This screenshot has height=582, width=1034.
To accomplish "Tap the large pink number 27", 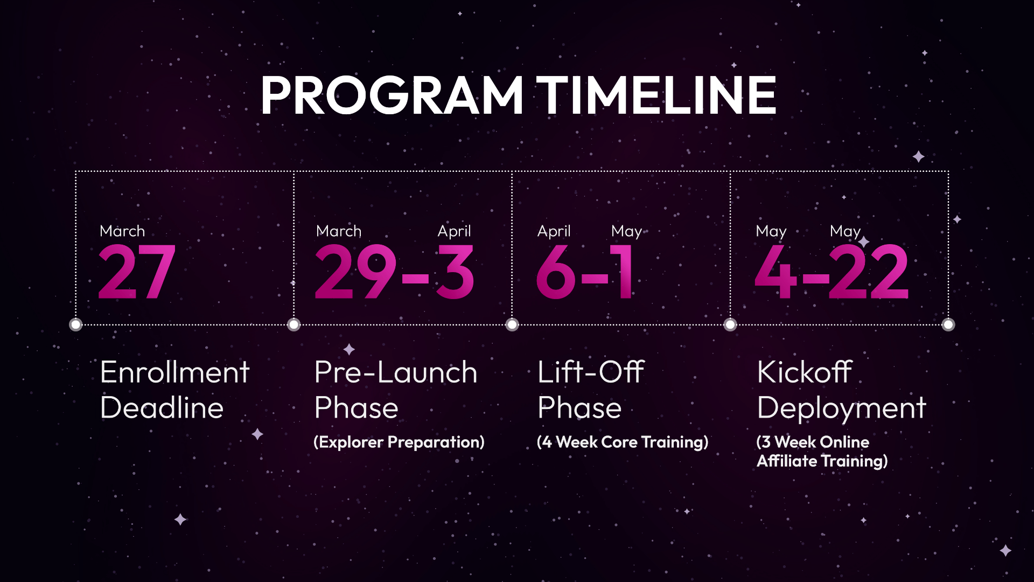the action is tap(137, 272).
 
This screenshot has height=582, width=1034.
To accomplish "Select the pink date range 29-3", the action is tap(395, 272).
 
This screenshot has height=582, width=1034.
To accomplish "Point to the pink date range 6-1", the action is tap(585, 272).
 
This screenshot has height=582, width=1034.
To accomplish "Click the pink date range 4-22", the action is tap(832, 272).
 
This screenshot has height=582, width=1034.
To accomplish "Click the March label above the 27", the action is tap(122, 231).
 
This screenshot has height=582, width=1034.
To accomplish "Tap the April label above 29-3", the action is tap(454, 231).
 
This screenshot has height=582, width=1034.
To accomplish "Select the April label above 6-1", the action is tap(554, 231).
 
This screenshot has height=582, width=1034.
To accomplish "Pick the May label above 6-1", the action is tap(626, 231).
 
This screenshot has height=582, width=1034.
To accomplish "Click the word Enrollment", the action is tap(175, 372).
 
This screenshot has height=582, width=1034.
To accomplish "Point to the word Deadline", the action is tap(162, 407).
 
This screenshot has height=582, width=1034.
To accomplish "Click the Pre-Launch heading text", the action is tap(396, 372).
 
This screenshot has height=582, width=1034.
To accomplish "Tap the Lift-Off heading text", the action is tap(591, 372).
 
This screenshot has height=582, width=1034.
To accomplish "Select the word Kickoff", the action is tap(805, 372).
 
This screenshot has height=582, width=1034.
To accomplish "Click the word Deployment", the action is tap(842, 409).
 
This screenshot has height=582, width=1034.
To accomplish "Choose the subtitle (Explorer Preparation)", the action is tap(399, 442).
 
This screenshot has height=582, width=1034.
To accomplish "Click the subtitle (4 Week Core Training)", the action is tap(623, 442).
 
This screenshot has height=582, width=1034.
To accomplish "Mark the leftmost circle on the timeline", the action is tap(76, 324).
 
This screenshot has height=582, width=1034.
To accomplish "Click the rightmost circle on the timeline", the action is tap(948, 324).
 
